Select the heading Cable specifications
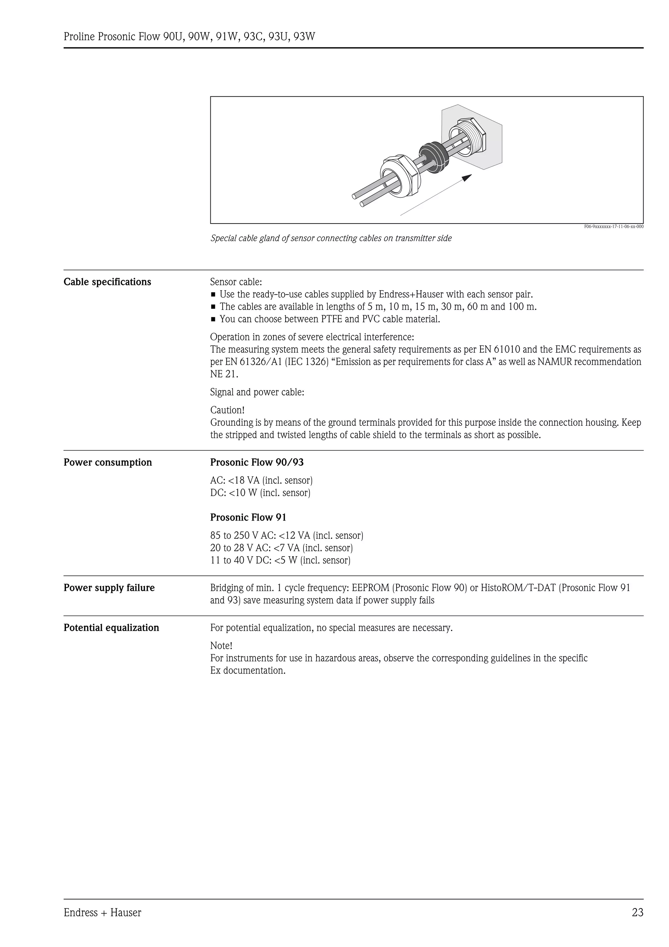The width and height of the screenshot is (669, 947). (x=107, y=282)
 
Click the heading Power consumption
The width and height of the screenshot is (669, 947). (x=107, y=462)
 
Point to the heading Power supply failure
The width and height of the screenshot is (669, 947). (x=109, y=588)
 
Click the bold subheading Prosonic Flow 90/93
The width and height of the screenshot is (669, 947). (x=257, y=462)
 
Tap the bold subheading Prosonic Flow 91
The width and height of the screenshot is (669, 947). (x=248, y=517)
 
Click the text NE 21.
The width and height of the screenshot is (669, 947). (x=224, y=374)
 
